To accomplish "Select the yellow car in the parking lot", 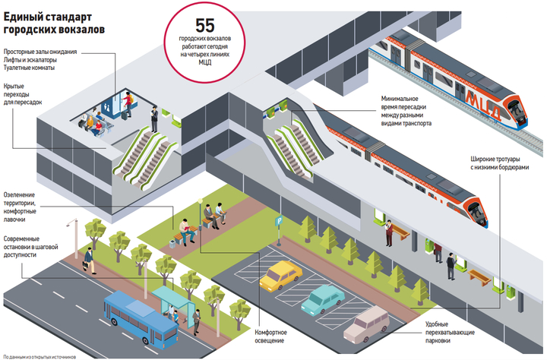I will point(280,275).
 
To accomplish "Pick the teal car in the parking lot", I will point(322,298).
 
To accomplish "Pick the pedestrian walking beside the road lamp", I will point(90,259).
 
